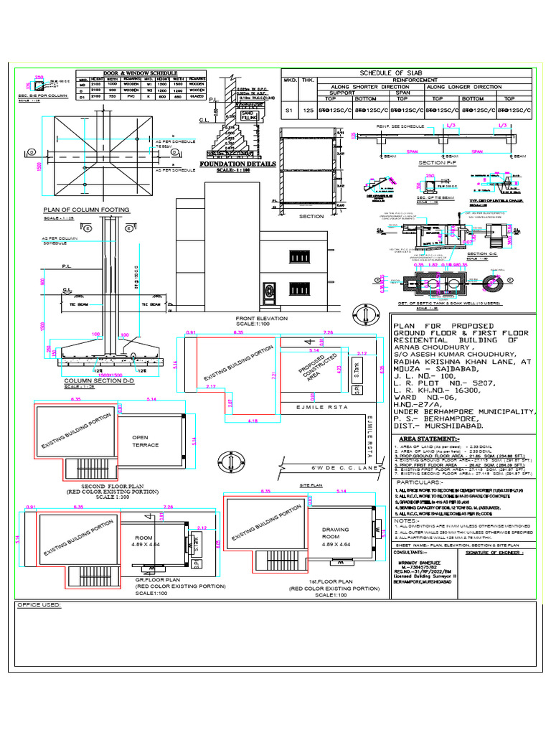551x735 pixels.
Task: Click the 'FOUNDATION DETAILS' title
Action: [x=237, y=164]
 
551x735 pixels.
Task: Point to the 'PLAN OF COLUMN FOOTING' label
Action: [x=87, y=210]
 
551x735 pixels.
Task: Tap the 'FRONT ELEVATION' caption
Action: [x=261, y=318]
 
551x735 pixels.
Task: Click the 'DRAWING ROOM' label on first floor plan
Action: [x=336, y=534]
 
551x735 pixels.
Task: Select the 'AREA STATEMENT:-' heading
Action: [x=428, y=439]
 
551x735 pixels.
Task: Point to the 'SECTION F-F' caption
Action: [x=430, y=163]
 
